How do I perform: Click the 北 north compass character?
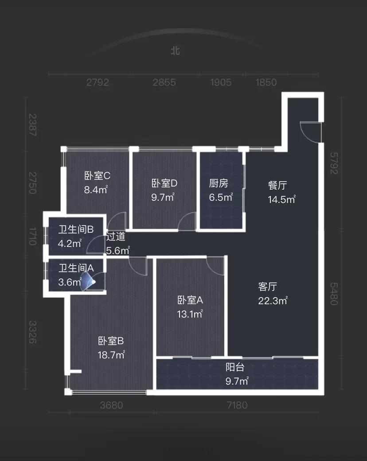[175, 51]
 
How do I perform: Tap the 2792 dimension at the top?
[98, 82]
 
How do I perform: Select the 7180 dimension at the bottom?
[237, 405]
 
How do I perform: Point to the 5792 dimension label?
[334, 163]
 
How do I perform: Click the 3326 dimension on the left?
[32, 332]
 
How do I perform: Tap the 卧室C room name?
[97, 175]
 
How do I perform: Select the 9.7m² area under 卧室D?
[163, 197]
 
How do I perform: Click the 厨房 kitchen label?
[219, 183]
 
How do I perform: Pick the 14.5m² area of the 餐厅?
[281, 199]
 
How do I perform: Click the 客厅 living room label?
[268, 286]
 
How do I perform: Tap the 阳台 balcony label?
[235, 367]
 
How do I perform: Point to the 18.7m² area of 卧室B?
[111, 355]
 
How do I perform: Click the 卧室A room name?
[190, 300]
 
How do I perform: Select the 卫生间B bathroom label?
[76, 229]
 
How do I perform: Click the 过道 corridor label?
[116, 236]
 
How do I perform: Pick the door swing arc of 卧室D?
[183, 218]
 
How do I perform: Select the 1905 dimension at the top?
[221, 82]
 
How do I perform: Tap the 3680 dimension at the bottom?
[112, 405]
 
